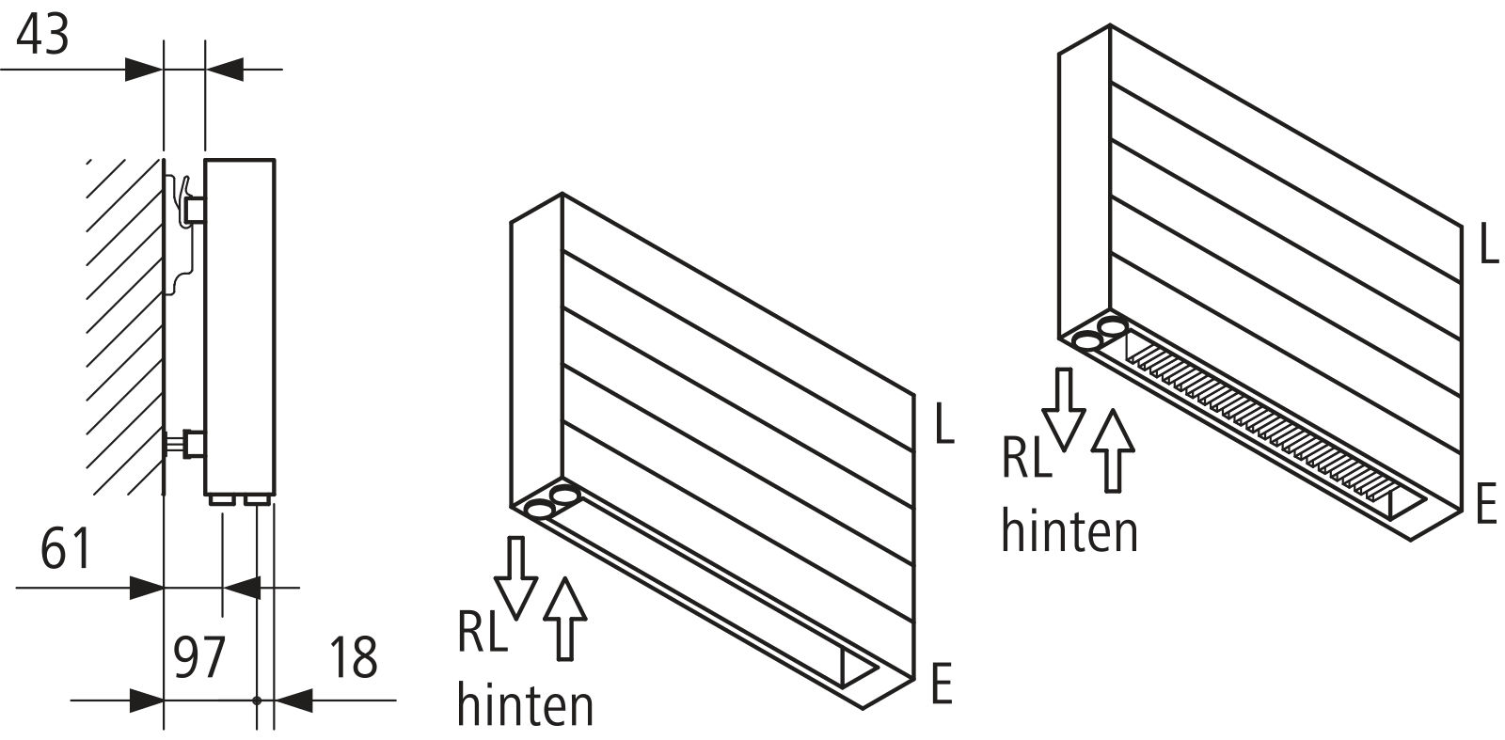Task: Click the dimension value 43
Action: tap(43, 36)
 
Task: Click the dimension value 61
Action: tap(66, 549)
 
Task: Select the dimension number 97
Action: tap(200, 657)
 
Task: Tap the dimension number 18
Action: tap(354, 657)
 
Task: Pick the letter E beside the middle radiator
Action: tap(942, 684)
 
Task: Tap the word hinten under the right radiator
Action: tap(1069, 530)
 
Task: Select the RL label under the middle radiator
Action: tap(482, 632)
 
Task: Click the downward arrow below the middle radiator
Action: tap(516, 576)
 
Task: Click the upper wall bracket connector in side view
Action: tap(194, 208)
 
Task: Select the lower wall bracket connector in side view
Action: tap(193, 442)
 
